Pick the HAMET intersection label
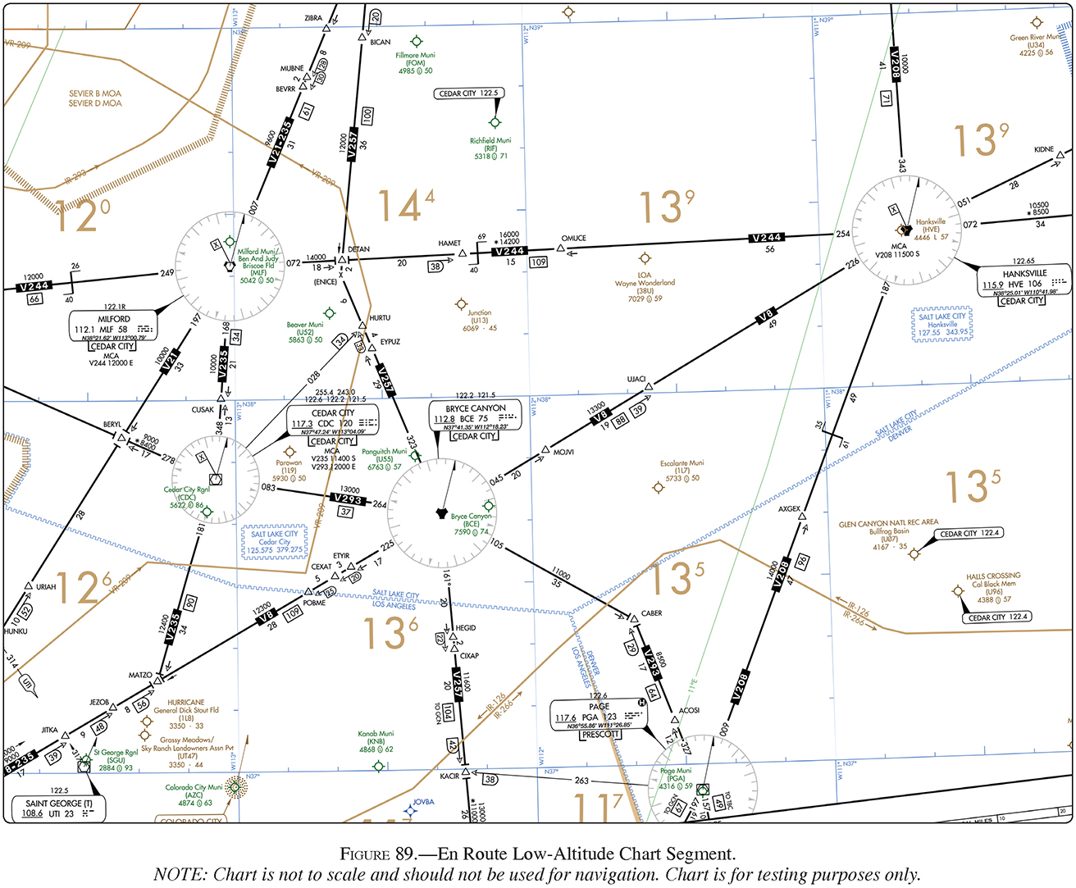449,244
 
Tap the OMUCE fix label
574,239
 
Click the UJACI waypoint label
636,379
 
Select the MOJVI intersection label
563,453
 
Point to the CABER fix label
652,613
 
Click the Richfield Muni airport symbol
495,123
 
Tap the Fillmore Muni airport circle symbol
417,41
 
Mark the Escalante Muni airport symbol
658,488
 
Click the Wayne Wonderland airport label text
645,283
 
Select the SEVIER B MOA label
95,93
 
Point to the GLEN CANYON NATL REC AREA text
888,522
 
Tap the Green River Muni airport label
1035,38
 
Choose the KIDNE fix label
1044,150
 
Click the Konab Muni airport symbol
378,766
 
